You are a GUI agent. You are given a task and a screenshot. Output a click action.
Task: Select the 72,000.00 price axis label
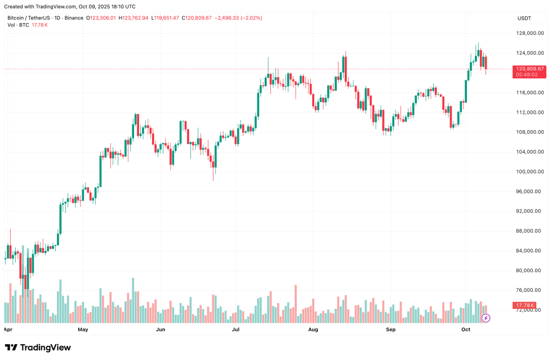(x=529, y=310)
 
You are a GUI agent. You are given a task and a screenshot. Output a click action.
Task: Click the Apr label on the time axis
(x=8, y=329)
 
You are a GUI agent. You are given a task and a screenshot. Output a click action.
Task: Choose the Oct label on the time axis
(x=466, y=329)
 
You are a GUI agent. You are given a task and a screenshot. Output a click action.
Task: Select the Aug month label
(x=314, y=329)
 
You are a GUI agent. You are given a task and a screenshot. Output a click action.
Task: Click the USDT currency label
(x=524, y=18)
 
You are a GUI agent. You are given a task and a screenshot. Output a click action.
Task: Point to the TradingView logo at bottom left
(x=38, y=348)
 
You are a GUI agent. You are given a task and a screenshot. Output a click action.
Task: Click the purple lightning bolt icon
(x=486, y=318)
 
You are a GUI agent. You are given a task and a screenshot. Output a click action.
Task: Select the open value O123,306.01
(x=101, y=18)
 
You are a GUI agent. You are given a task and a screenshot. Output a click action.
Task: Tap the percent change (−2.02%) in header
(x=251, y=18)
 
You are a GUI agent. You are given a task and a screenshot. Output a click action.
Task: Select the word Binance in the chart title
(x=73, y=18)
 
